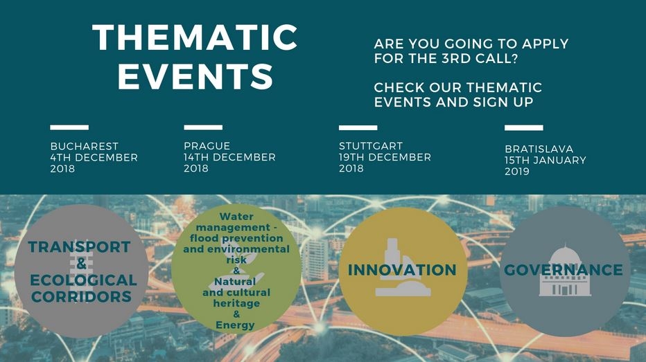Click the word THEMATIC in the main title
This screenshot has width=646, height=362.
(x=195, y=37)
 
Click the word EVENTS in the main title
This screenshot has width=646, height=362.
(x=195, y=76)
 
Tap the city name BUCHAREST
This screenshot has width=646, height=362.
(x=84, y=147)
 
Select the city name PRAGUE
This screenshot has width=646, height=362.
(x=207, y=146)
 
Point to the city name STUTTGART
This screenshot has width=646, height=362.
(x=371, y=146)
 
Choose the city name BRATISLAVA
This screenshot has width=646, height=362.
(x=539, y=149)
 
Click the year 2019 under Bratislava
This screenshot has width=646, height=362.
(x=517, y=172)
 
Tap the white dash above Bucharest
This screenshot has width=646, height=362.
(x=69, y=127)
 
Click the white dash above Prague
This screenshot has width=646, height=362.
(x=203, y=127)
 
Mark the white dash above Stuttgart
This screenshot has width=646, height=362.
(x=358, y=127)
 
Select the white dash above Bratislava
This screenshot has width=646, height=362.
(x=523, y=127)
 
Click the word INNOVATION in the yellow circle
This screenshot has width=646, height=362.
(x=402, y=270)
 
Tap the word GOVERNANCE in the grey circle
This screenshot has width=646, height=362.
(x=564, y=270)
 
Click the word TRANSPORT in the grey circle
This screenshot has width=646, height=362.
(x=80, y=247)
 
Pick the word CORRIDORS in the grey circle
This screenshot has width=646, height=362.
(x=81, y=297)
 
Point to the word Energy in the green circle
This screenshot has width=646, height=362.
(x=235, y=325)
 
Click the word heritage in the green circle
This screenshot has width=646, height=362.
(x=236, y=303)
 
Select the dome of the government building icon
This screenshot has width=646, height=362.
(x=565, y=254)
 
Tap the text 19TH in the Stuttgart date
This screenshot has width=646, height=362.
(x=352, y=157)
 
